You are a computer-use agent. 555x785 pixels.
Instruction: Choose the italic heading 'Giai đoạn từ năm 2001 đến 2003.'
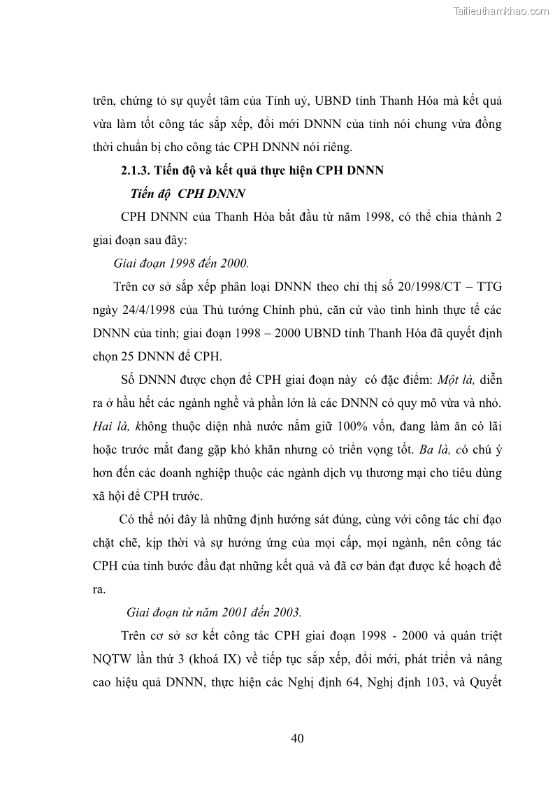[x=214, y=612]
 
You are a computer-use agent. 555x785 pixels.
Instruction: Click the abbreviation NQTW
[x=113, y=658]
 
